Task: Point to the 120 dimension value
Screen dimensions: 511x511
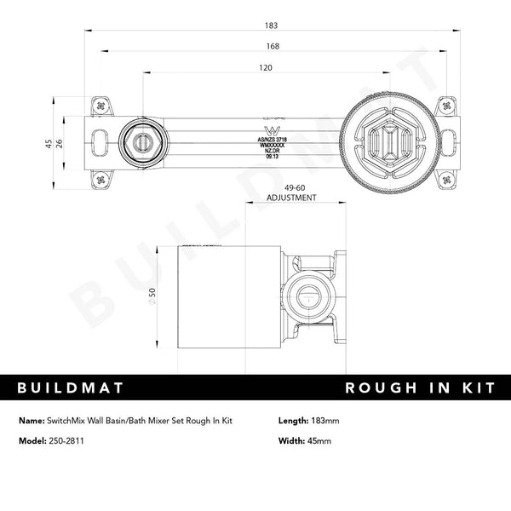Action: click(x=267, y=68)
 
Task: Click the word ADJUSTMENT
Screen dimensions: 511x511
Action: click(x=291, y=198)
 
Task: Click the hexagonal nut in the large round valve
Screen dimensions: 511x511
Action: click(x=388, y=142)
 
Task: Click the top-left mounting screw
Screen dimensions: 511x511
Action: click(x=103, y=106)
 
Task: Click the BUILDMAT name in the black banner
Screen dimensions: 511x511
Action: click(x=72, y=388)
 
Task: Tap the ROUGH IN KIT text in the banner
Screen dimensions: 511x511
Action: click(x=419, y=388)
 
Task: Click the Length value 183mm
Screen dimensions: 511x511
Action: click(x=323, y=421)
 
